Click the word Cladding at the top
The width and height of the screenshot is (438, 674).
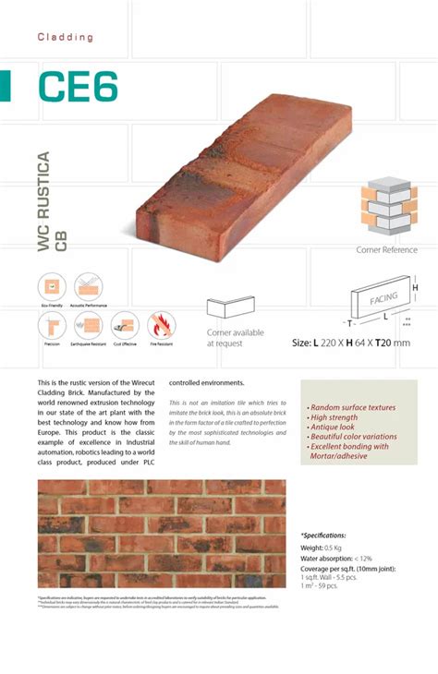66,37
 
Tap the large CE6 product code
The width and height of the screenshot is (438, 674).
79,88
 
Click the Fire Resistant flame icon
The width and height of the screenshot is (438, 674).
161,325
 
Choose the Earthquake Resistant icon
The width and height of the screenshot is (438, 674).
89,325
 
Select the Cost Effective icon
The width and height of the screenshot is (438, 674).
125,325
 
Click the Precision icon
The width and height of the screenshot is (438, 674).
52,325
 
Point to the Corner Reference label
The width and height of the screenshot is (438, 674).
386,250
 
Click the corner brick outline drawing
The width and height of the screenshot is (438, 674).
228,308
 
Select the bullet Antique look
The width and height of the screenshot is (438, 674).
334,427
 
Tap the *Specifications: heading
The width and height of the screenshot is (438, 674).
323,535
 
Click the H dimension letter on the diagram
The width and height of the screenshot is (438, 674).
415,288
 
